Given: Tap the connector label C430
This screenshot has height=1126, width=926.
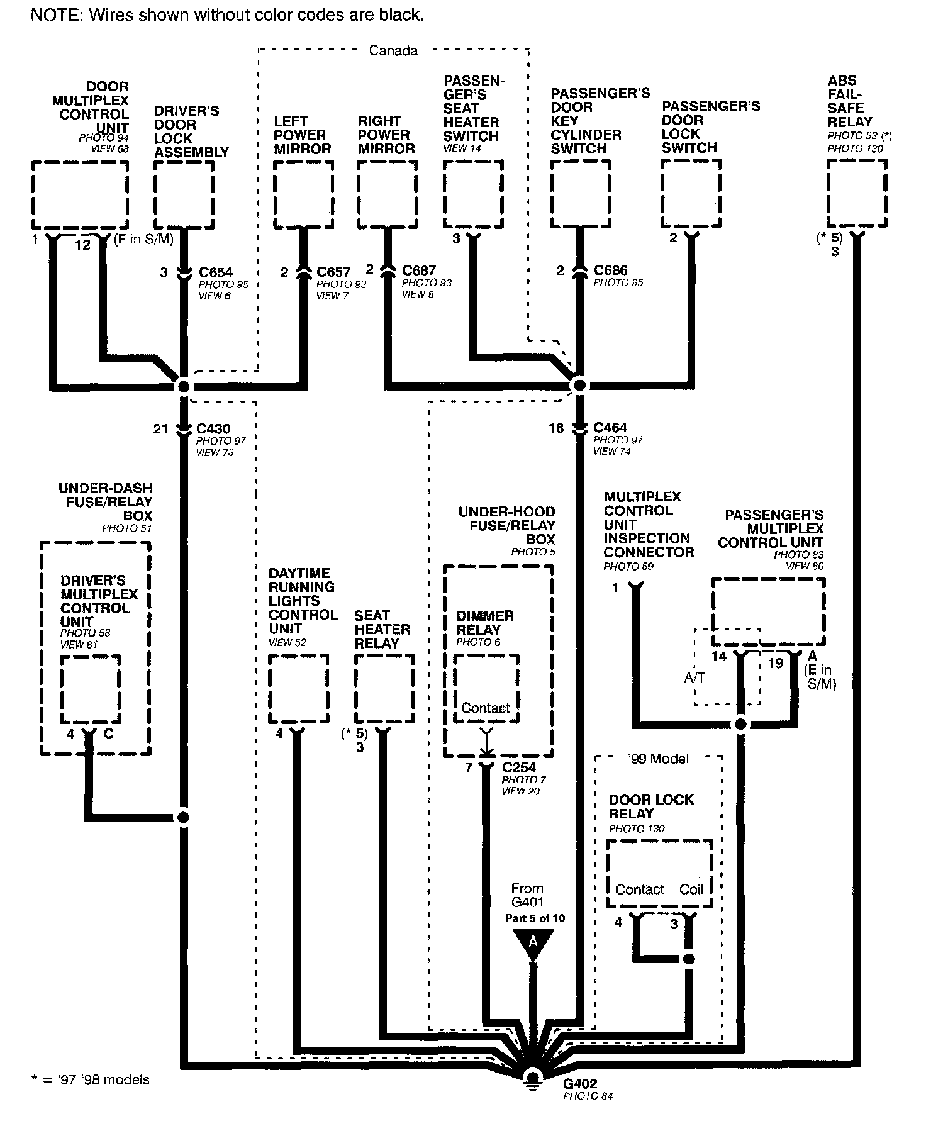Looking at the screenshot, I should point(213,429).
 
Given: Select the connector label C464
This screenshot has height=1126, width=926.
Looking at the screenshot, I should point(610,428).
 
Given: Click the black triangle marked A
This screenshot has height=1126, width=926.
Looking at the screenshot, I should point(533,943).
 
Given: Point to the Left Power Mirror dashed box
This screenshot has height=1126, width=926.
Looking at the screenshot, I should point(303,194).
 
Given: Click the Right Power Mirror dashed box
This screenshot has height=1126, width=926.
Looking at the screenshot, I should point(388,194).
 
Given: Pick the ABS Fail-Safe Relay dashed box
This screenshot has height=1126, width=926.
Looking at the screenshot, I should point(857,192).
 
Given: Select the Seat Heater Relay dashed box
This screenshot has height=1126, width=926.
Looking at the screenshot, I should point(384,689).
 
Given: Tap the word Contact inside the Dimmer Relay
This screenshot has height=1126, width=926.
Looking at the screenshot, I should point(485,708).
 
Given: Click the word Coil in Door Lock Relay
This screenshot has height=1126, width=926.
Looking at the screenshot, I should point(691,889).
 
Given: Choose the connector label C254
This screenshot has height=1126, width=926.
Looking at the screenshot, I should point(519,767).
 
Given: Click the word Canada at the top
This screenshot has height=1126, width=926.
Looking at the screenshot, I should point(393,51).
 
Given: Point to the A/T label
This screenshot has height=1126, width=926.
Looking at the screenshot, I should point(694,677).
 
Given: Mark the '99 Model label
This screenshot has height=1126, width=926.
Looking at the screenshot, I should point(658,759).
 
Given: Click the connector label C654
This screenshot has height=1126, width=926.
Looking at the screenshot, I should point(216,272).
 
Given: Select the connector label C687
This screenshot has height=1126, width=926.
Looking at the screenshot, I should point(419,270).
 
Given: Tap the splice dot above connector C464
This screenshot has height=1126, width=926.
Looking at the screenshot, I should point(579,385).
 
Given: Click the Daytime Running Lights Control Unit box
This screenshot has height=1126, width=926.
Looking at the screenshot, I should point(298,689).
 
